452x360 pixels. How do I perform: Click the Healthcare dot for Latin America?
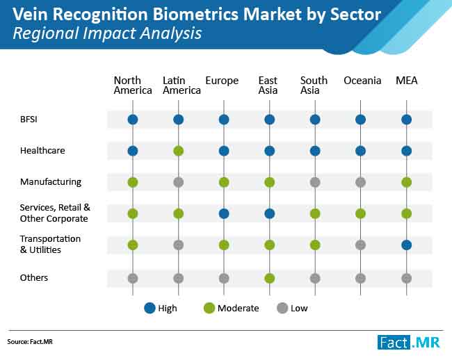[x=179, y=151]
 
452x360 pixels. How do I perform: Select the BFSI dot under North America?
[x=133, y=120]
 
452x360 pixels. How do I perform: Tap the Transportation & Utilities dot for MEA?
[x=407, y=245]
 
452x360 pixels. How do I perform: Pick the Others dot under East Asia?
[x=270, y=278]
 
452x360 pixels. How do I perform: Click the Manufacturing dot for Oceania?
[x=361, y=182]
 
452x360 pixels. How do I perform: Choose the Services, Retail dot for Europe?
[x=224, y=213]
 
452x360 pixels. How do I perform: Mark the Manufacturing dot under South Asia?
[x=315, y=182]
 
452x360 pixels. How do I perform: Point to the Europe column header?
[x=222, y=81]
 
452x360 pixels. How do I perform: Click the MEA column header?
[x=407, y=81]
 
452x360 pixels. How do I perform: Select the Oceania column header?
[x=362, y=81]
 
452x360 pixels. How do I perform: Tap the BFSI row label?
[x=29, y=120]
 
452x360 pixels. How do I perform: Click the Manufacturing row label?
[x=51, y=182]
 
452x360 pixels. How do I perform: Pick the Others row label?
[x=34, y=277]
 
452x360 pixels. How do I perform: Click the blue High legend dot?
[x=150, y=308]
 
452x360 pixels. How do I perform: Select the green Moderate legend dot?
[x=209, y=308]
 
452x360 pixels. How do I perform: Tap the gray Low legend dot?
[x=282, y=308]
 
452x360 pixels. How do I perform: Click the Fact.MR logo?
[x=409, y=343]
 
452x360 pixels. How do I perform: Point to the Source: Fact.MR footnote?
[x=30, y=342]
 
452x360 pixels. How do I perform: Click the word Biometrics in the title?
[x=195, y=15]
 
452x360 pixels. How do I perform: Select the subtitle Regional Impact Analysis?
[x=107, y=33]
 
